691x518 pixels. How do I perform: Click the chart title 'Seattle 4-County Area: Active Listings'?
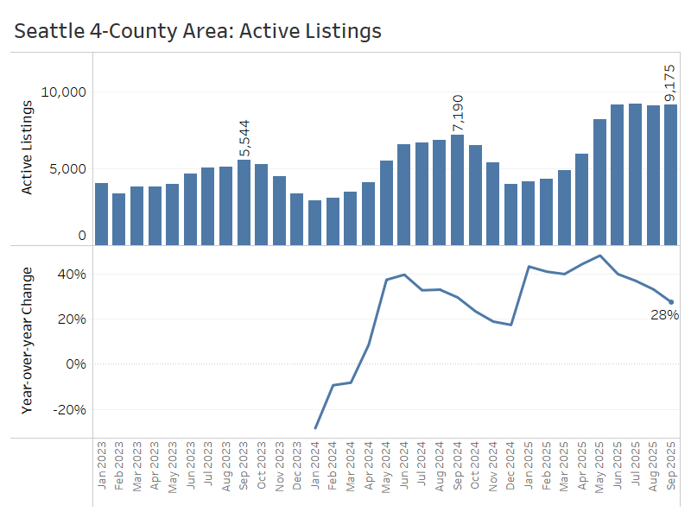198,32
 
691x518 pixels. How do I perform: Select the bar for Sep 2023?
244,202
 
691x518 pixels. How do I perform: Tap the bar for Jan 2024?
315,223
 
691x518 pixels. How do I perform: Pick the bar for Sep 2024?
457,190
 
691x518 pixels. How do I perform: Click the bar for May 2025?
599,182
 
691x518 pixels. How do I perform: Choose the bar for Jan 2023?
102,214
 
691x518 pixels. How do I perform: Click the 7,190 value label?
457,113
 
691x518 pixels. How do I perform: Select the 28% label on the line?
664,315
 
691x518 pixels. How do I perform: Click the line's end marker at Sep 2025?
670,302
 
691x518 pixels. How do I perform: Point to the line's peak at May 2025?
599,256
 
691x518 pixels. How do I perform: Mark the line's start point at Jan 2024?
315,428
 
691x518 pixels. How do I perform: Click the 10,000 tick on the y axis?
64,92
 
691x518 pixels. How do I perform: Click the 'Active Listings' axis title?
27,148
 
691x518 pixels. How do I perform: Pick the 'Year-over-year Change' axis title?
27,341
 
